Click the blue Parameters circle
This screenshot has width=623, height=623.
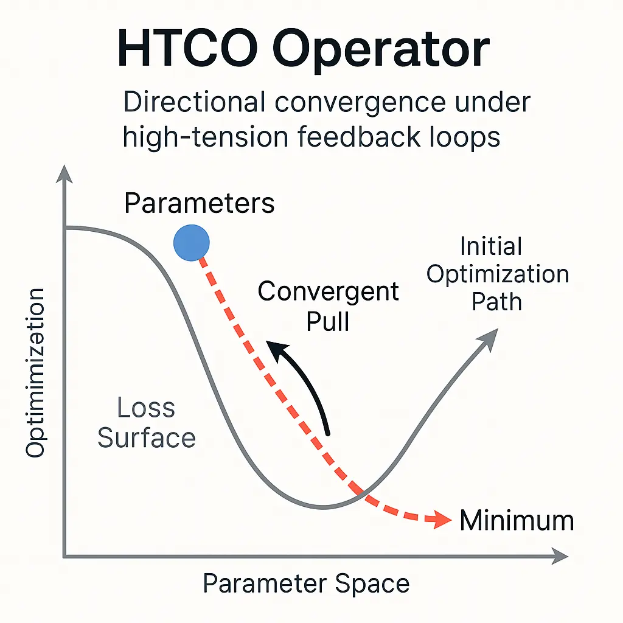(x=192, y=243)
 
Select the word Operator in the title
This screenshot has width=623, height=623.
(x=381, y=52)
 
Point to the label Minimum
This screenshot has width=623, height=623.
(x=517, y=520)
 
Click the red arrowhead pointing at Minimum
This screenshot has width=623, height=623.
(x=442, y=520)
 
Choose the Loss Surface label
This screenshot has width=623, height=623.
(x=147, y=423)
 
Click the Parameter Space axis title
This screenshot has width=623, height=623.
(x=306, y=583)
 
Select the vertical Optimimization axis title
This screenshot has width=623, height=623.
(x=35, y=373)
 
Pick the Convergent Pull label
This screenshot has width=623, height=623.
(x=328, y=306)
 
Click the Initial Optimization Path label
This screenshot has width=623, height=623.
(x=498, y=274)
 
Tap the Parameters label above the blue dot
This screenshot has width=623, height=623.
(x=200, y=203)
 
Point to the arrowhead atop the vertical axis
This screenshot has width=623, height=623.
(x=64, y=174)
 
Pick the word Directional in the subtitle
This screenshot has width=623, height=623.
(x=195, y=102)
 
